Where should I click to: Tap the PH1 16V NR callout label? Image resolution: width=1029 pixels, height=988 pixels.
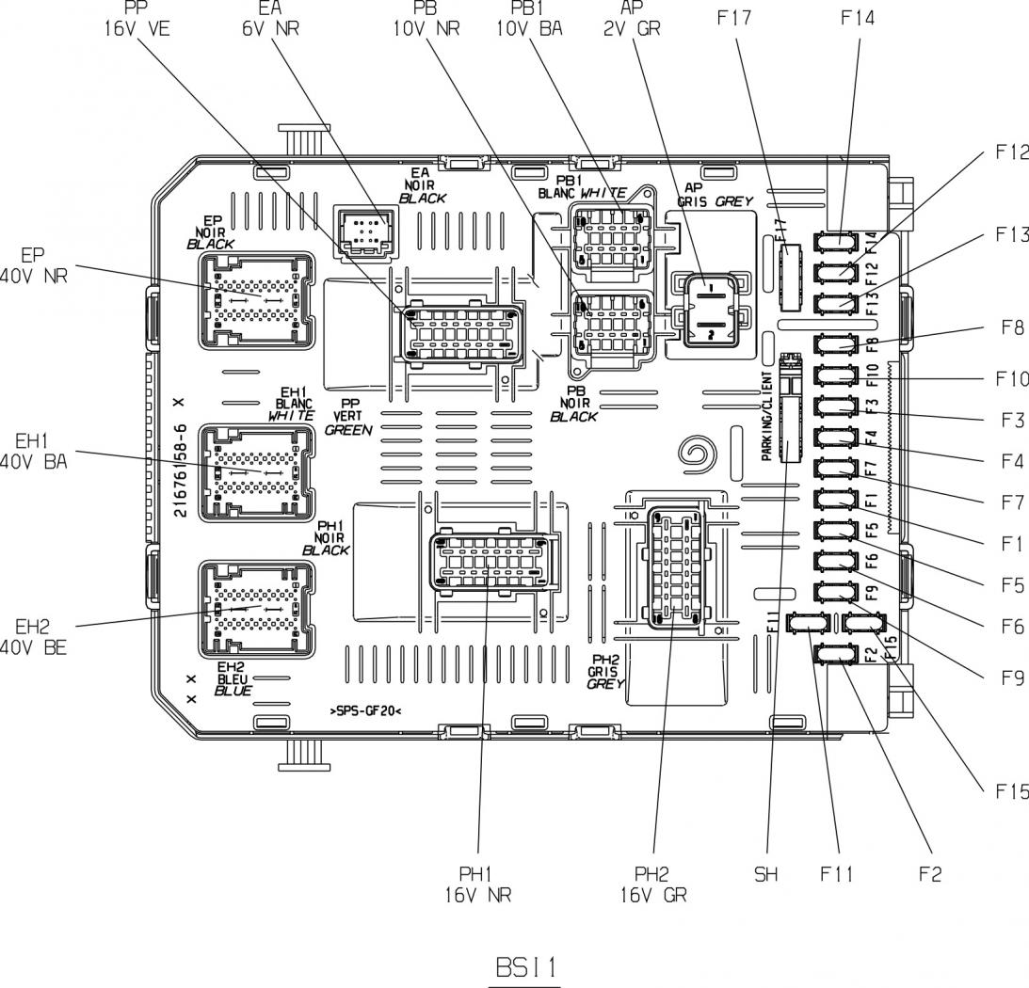point(480,884)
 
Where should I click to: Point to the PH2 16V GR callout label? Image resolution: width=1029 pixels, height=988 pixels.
point(653,884)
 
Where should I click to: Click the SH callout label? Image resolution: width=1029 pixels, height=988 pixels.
point(766,874)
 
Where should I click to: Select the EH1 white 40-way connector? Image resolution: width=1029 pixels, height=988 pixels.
point(257,470)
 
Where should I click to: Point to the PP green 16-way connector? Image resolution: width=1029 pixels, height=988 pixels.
point(460,334)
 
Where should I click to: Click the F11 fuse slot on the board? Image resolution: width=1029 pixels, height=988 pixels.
point(808,622)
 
